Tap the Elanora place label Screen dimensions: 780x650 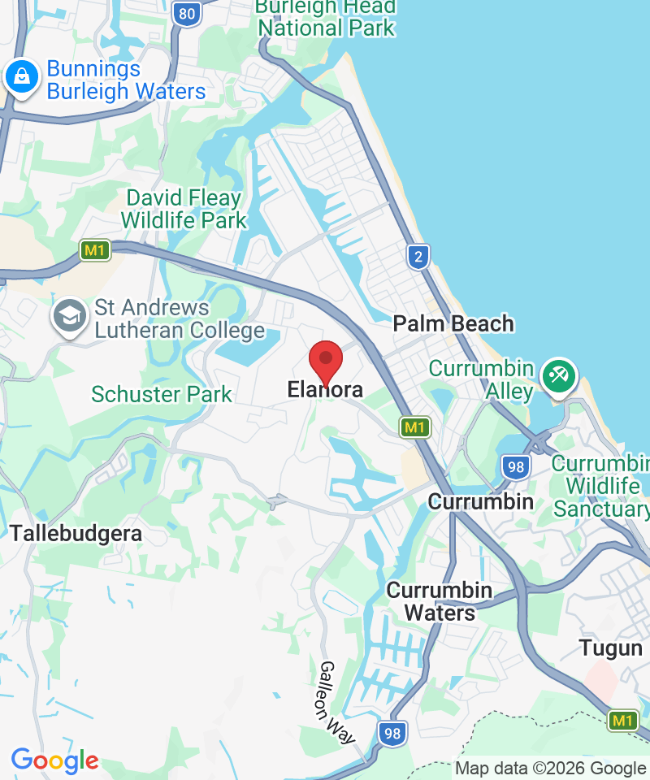click(325, 391)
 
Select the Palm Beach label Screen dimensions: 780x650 click(453, 323)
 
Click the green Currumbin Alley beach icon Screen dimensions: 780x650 click(561, 376)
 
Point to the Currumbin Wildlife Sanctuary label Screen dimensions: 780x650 click(601, 486)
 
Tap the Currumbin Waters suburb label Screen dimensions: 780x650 click(440, 601)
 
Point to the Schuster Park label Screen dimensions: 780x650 click(162, 395)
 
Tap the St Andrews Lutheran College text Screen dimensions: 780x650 click(180, 318)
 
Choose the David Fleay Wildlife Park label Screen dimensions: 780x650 click(184, 209)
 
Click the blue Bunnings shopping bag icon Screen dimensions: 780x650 click(21, 78)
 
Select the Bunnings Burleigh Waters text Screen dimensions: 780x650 click(126, 80)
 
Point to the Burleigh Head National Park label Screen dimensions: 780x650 click(325, 17)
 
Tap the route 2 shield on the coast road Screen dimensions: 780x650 click(418, 257)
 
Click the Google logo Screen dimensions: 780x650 click(54, 761)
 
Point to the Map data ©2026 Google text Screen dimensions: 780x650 click(550, 768)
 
